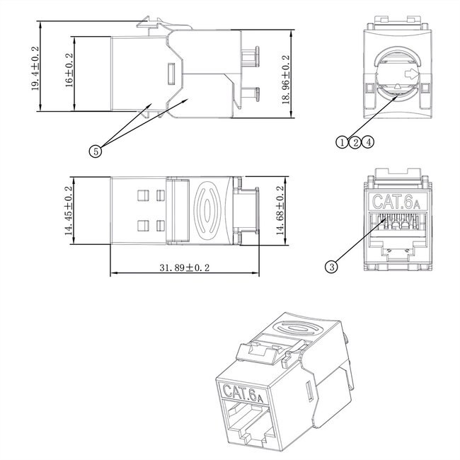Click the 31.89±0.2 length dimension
click(186, 268)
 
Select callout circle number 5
click(95, 149)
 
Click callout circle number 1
click(342, 142)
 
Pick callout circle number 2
click(355, 142)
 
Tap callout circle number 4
click(369, 142)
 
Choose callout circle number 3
click(330, 266)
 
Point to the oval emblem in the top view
click(208, 210)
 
